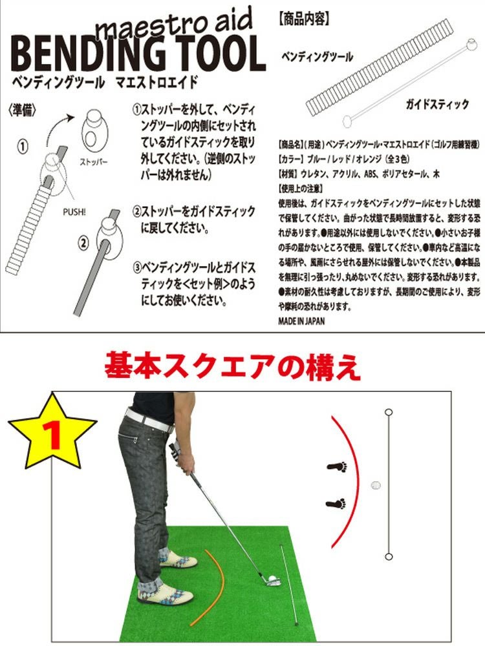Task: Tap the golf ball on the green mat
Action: [274, 579]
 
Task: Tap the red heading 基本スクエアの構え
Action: [232, 366]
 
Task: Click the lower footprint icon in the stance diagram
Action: [336, 503]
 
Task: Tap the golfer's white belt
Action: [149, 419]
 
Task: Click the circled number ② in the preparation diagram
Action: [83, 243]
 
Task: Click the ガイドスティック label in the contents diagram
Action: [437, 105]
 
